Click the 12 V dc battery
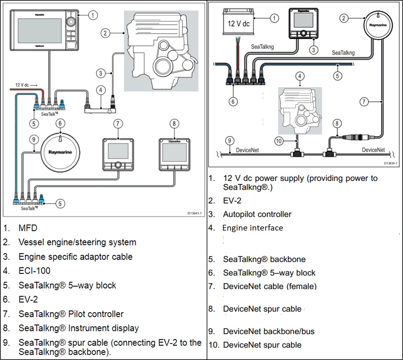pyautogui.click(x=238, y=23)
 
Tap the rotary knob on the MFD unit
pyautogui.click(x=70, y=21)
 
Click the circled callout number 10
pyautogui.click(x=279, y=141)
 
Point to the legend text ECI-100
pyautogui.click(x=34, y=271)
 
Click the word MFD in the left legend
pyautogui.click(x=28, y=228)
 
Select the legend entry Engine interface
pyautogui.click(x=253, y=228)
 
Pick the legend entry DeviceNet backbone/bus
pyautogui.click(x=269, y=331)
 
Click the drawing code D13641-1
pyautogui.click(x=194, y=213)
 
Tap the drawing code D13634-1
pyautogui.click(x=390, y=163)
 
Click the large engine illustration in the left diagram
pyautogui.click(x=161, y=51)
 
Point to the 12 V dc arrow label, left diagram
pyautogui.click(x=26, y=85)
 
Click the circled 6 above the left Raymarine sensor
pyautogui.click(x=60, y=123)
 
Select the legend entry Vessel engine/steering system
pyautogui.click(x=77, y=242)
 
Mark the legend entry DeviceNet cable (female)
pyautogui.click(x=270, y=286)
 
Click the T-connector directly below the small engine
pyautogui.click(x=297, y=154)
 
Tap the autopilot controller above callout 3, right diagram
pyautogui.click(x=304, y=23)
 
